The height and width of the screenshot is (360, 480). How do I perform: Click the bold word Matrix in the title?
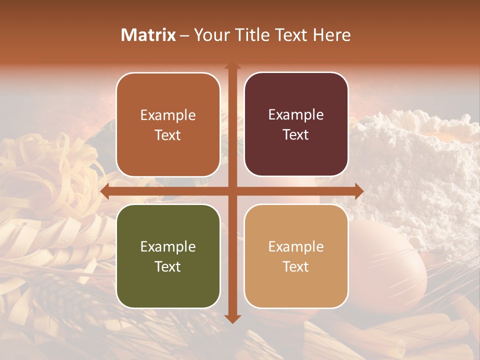(x=148, y=35)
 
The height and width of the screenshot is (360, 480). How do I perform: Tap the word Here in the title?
(x=332, y=35)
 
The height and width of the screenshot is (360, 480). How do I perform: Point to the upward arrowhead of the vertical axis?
(x=232, y=67)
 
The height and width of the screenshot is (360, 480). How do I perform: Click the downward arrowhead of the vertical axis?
(x=232, y=318)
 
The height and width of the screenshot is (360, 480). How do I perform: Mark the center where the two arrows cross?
(x=232, y=191)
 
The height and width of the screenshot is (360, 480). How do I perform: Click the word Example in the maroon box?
(x=296, y=115)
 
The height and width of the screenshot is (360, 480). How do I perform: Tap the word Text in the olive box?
(x=168, y=267)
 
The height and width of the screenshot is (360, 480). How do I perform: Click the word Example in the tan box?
(x=296, y=247)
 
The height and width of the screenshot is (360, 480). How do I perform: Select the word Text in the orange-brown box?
(x=168, y=135)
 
